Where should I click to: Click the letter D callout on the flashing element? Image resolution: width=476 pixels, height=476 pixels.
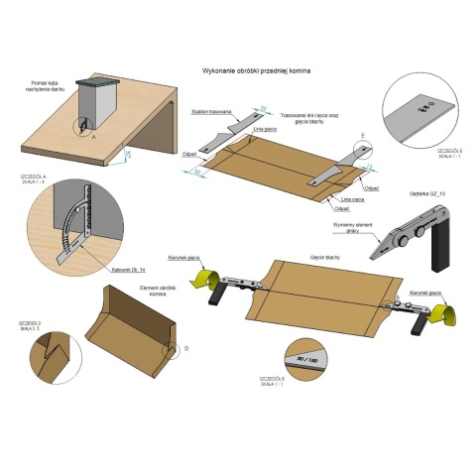(x=178, y=349)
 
